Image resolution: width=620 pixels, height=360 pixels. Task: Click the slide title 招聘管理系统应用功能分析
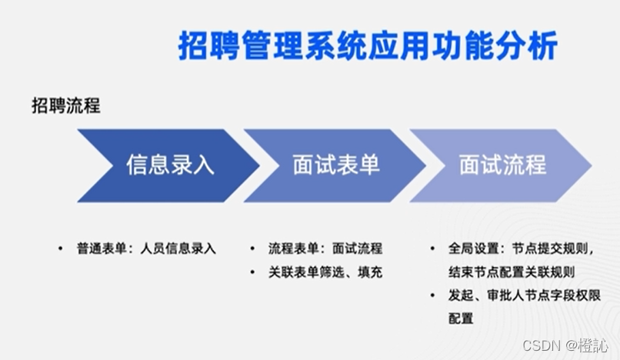click(x=368, y=46)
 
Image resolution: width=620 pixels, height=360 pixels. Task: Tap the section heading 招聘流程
click(x=66, y=106)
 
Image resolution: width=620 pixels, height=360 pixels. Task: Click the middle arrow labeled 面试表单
click(x=335, y=165)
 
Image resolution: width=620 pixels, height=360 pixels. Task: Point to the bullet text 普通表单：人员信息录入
click(x=146, y=248)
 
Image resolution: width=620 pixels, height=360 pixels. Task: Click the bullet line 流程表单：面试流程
click(x=325, y=248)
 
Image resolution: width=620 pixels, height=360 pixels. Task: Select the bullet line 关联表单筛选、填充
click(x=325, y=272)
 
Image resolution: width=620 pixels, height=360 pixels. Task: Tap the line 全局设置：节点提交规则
click(x=521, y=248)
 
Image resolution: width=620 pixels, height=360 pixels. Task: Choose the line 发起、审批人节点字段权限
click(x=523, y=295)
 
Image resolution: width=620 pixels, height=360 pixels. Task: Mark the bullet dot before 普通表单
click(x=60, y=248)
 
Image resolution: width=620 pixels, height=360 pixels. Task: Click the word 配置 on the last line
click(x=461, y=318)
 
